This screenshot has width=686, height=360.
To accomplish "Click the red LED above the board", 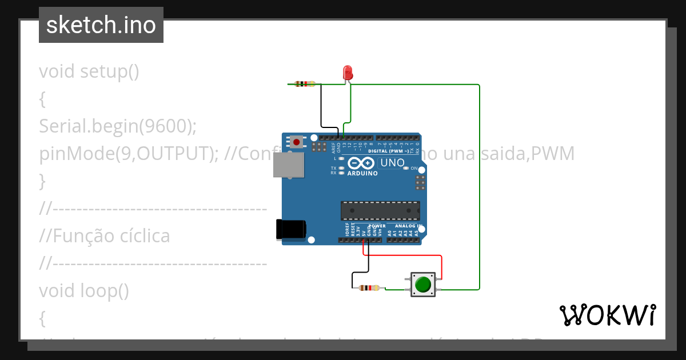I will pos(348,73).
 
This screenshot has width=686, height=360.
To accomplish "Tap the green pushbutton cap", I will pos(423,284).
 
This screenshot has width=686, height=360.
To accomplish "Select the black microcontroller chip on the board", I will pos(380,210).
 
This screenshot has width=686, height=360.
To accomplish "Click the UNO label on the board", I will pos(392,163).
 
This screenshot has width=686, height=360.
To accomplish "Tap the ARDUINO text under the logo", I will pos(362,173).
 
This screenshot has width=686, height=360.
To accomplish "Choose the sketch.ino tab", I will pos(101,25).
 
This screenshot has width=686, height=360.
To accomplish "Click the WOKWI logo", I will pos(607,315).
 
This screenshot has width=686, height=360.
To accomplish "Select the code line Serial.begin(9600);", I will pos(118,126).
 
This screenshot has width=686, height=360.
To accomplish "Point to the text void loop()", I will pos(84,291).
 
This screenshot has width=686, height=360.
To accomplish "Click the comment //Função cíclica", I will pos(105,236).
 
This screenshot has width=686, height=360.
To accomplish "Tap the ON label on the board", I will pos(414,169).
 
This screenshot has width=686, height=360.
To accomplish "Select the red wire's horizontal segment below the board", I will pos(402,255).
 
